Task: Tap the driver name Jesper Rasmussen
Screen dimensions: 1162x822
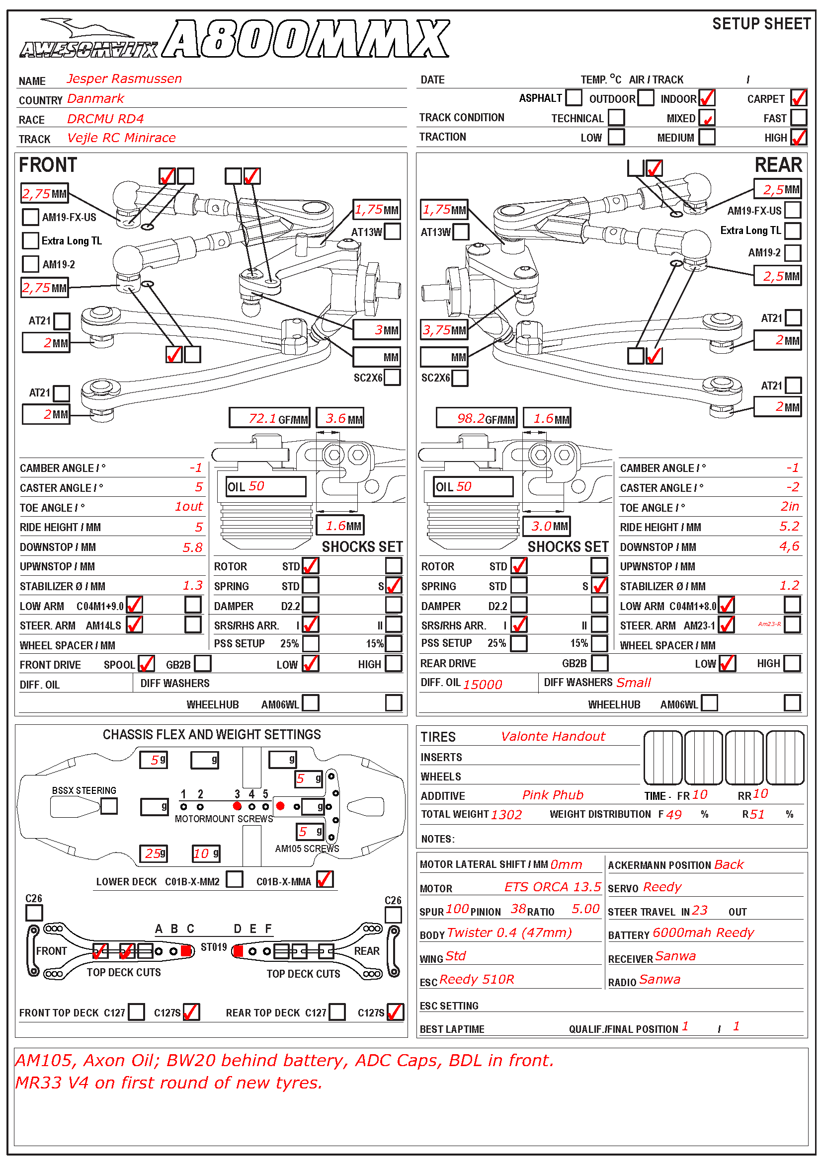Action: tap(124, 79)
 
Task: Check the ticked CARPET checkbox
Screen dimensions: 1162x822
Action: tap(798, 98)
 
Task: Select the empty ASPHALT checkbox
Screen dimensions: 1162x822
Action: tap(574, 97)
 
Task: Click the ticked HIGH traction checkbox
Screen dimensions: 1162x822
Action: tap(798, 137)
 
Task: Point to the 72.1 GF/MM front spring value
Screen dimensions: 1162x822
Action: tap(269, 418)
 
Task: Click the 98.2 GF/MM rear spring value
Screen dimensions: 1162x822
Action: tap(476, 418)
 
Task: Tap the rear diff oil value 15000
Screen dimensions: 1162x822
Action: tap(483, 684)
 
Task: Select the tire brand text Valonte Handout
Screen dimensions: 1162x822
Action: tap(553, 736)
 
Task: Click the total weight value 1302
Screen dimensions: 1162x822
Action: tap(506, 814)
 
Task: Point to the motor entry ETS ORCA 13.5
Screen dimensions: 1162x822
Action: tap(552, 887)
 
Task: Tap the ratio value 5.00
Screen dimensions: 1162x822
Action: tap(585, 909)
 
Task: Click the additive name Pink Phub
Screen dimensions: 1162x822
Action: tap(553, 795)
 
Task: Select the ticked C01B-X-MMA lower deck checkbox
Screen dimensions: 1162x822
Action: tap(325, 880)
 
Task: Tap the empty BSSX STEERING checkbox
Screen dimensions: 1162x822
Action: tap(109, 806)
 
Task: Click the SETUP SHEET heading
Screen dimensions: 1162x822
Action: tap(761, 24)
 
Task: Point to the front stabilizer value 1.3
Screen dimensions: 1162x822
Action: tap(192, 586)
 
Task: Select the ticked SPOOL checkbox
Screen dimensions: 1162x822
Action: tap(146, 664)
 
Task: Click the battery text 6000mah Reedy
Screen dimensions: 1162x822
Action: tap(703, 932)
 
